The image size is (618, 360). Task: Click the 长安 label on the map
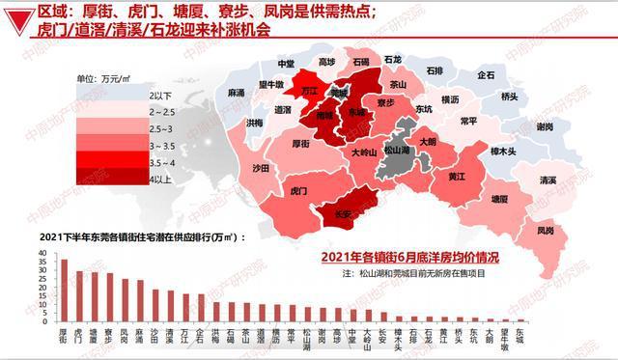(x=342, y=213)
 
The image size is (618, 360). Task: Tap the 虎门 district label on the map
(x=298, y=193)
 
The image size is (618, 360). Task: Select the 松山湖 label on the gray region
(x=397, y=151)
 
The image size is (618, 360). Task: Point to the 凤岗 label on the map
(x=546, y=231)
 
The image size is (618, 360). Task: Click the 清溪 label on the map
(x=548, y=180)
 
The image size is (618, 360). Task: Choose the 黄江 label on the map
(x=457, y=177)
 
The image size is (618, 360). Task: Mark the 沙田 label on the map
(x=260, y=168)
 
